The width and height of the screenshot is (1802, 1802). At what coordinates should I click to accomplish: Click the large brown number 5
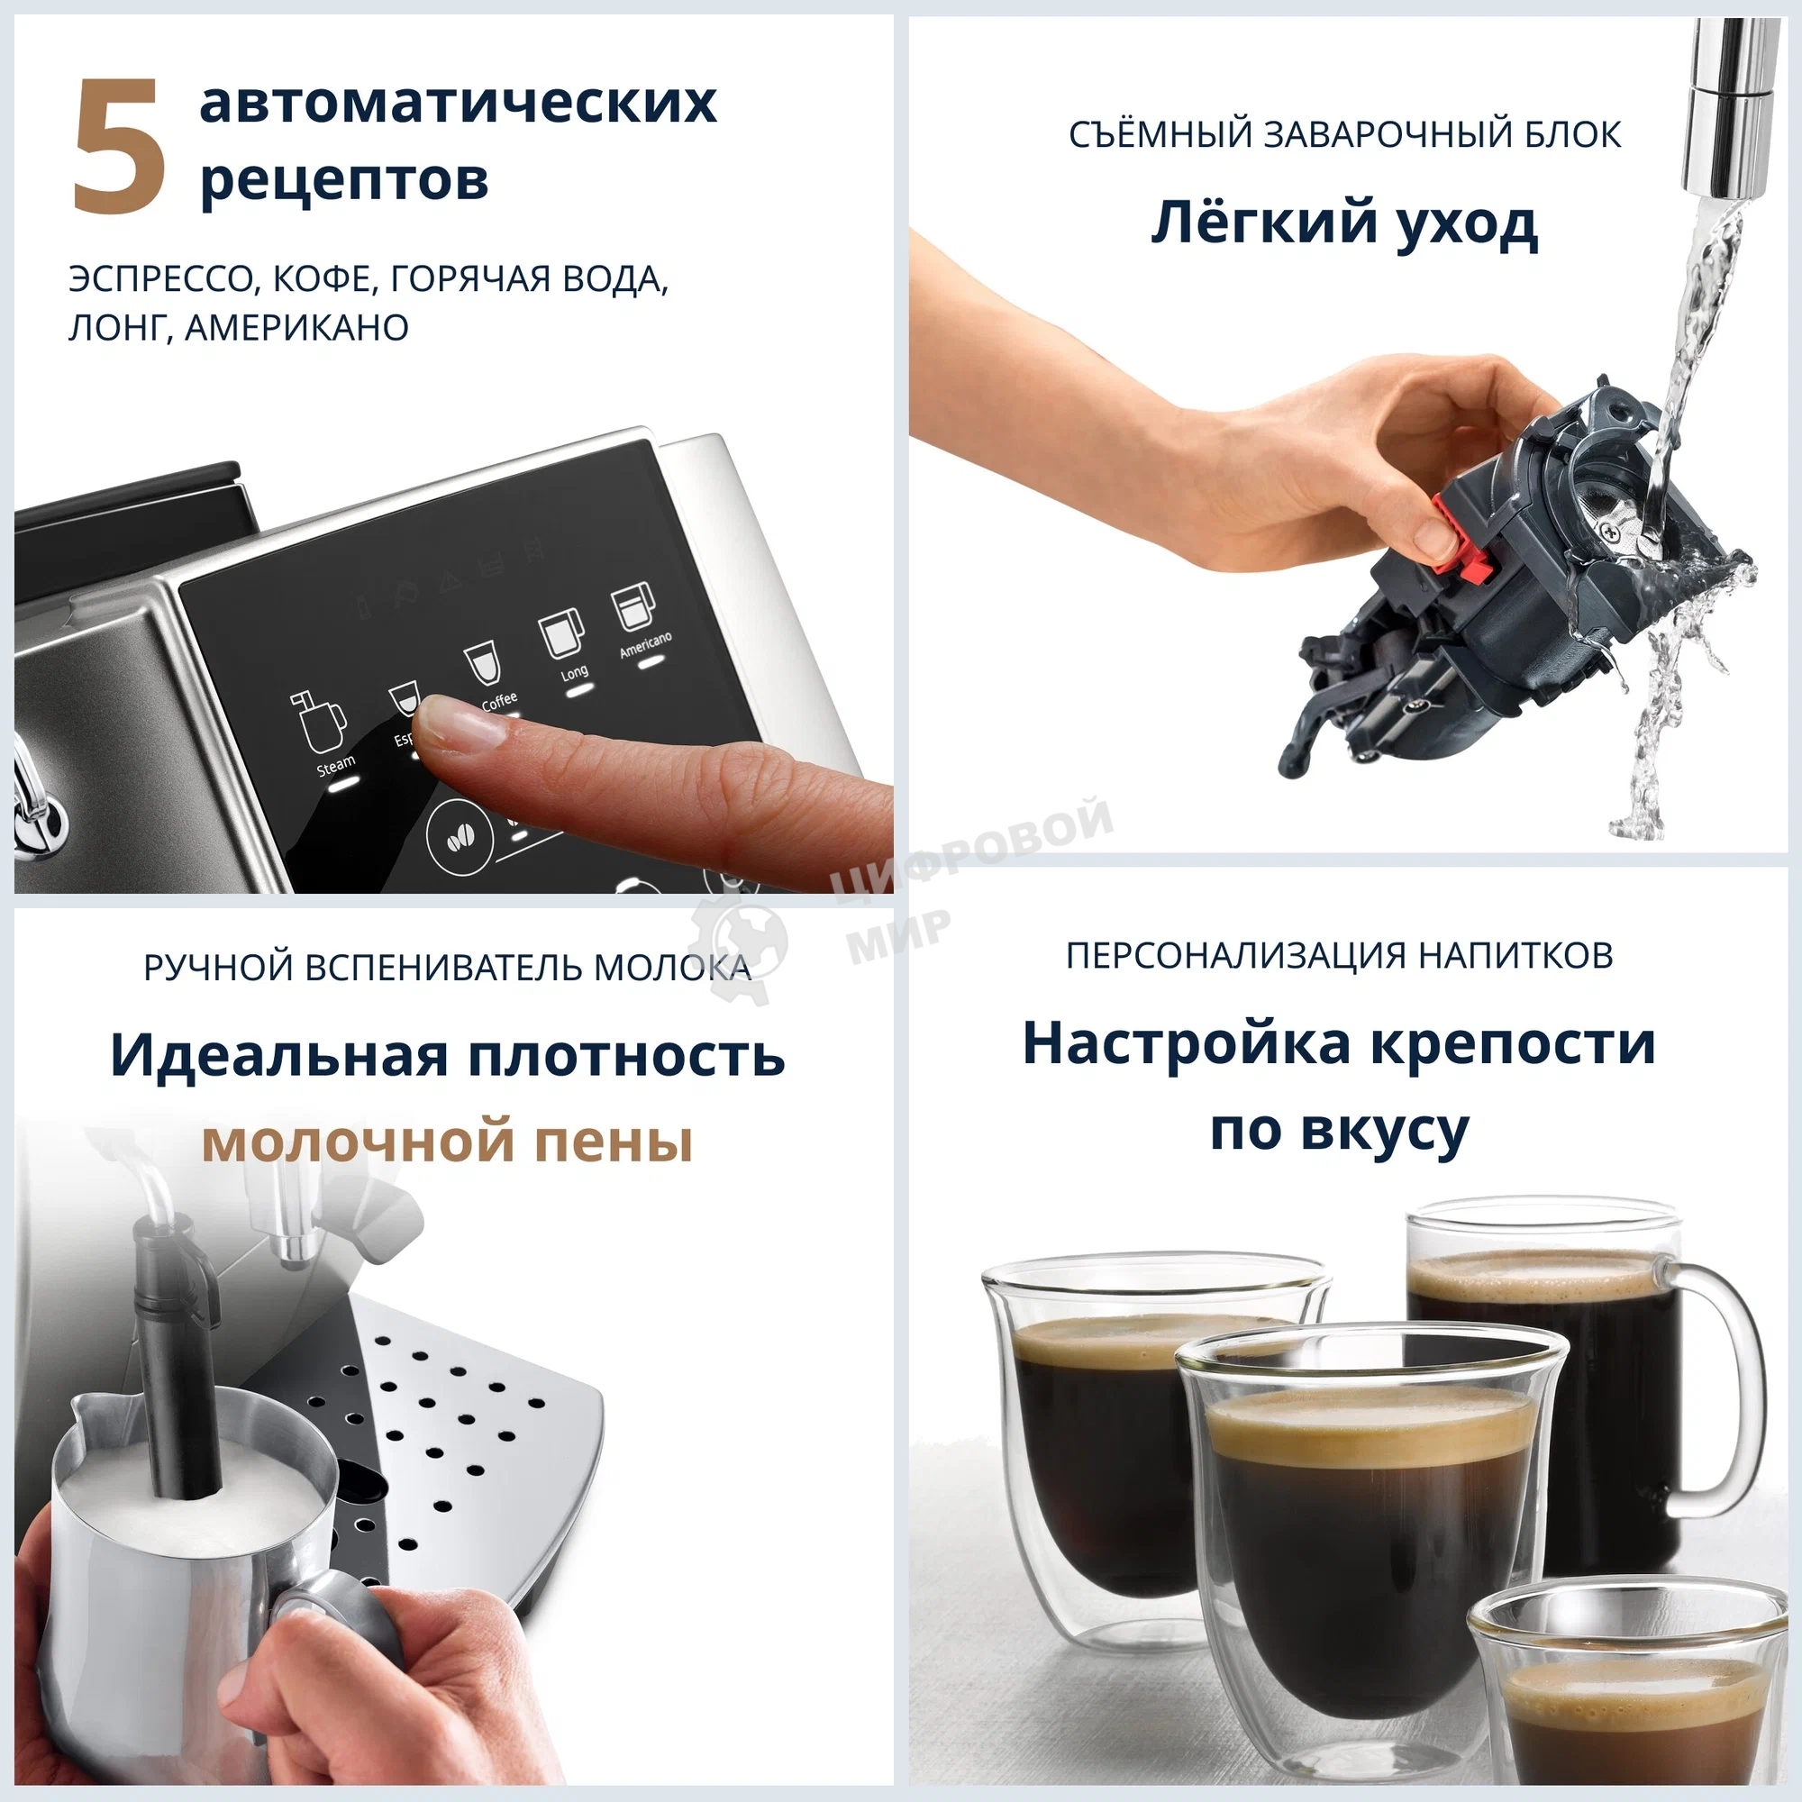120,148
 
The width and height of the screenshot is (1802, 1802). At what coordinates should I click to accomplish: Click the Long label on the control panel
574,671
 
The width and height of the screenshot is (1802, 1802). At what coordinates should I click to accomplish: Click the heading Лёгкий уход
1343,223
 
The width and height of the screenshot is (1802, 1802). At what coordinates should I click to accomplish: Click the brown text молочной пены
447,1142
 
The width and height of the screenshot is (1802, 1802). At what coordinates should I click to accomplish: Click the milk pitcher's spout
84,1408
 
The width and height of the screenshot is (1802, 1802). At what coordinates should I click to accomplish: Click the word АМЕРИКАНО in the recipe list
296,327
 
